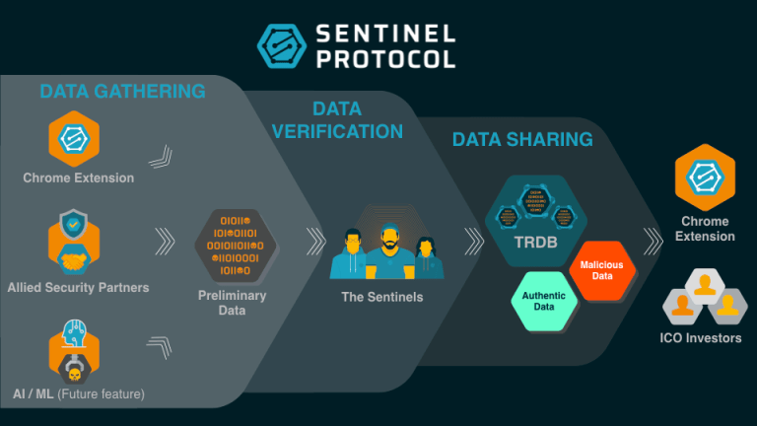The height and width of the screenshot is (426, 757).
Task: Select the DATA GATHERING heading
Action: click(122, 92)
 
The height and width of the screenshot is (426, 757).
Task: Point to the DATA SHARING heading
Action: click(522, 139)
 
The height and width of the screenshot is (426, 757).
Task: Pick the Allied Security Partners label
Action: click(78, 288)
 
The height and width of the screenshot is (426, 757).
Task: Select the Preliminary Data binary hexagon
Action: click(232, 243)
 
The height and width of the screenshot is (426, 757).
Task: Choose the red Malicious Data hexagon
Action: click(601, 270)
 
